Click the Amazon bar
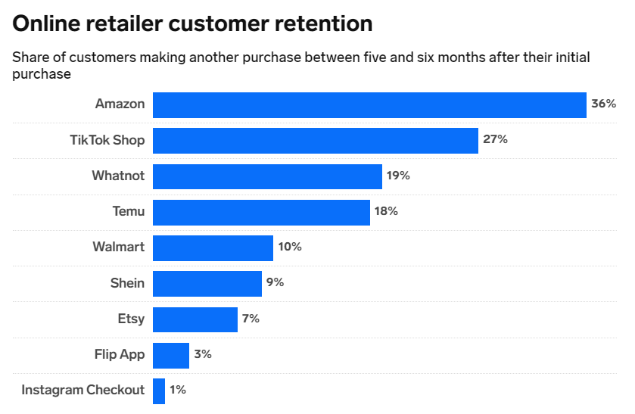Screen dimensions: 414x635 [369, 104]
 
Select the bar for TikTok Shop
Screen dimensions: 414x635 [315, 140]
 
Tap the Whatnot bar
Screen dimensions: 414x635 [267, 176]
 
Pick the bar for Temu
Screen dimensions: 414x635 [261, 212]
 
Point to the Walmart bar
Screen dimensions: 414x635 [213, 247]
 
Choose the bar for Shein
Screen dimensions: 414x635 [207, 283]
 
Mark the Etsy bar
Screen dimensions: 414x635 [195, 319]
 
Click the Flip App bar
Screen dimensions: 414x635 [170, 355]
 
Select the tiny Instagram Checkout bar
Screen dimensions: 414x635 [159, 391]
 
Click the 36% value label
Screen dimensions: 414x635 [603, 104]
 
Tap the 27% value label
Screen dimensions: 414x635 [495, 140]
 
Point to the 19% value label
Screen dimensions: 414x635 [398, 176]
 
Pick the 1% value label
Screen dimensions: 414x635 [178, 391]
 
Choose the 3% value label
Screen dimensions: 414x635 [202, 355]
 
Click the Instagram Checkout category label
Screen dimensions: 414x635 [82, 391]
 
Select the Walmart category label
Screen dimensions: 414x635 [118, 247]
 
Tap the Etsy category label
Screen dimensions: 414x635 [131, 319]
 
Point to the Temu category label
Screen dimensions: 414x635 [129, 212]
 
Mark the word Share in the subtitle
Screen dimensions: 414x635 [29, 58]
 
